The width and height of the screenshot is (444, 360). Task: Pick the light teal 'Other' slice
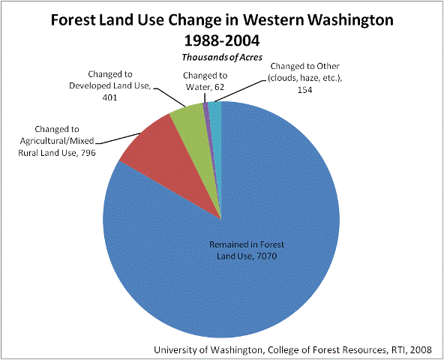coord(217,127)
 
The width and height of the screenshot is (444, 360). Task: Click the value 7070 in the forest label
coord(266,256)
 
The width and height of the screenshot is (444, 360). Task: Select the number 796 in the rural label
coord(88,153)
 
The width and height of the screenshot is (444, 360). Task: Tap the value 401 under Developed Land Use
coord(109,97)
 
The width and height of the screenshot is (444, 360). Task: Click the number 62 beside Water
coord(219,87)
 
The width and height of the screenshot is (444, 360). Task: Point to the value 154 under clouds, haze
coord(304,90)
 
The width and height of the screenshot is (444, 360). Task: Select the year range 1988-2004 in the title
coord(222,40)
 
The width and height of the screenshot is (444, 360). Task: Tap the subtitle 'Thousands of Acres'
coord(222,57)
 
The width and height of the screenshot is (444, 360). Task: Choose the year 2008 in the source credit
coord(421,349)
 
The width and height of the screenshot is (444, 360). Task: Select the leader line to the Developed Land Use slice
coord(170,97)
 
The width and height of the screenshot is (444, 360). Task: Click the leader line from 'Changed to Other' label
coord(241,91)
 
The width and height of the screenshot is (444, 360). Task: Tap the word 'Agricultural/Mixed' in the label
coord(57,141)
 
